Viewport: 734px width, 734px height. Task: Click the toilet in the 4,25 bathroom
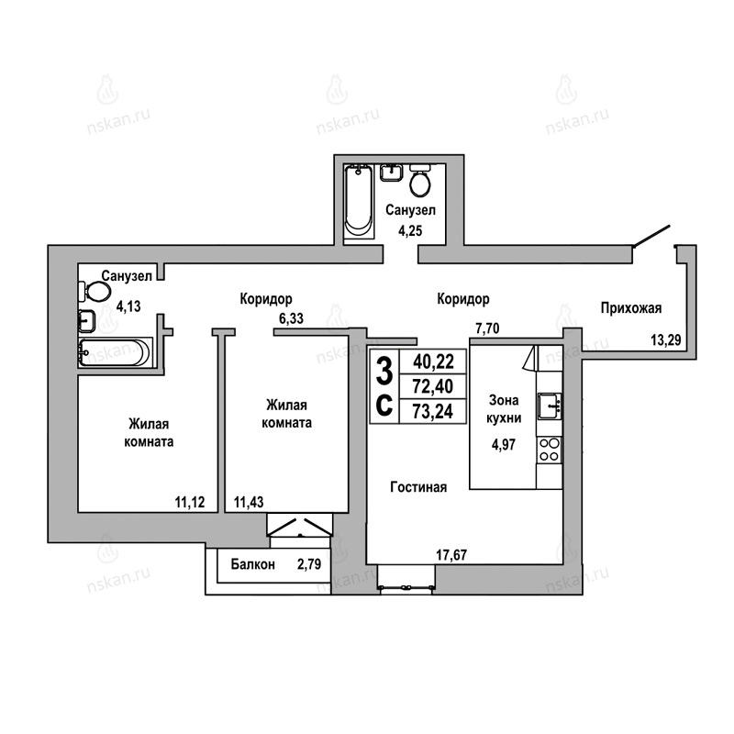tap(420, 180)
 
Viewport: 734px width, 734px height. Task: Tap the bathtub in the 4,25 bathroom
tap(359, 201)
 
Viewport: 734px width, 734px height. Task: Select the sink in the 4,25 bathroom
tap(391, 172)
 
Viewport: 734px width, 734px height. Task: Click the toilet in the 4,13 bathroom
tap(95, 292)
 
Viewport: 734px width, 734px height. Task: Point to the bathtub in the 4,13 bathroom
tap(116, 352)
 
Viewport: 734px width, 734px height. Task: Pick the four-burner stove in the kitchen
tap(549, 450)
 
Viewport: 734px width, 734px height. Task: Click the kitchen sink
tap(550, 406)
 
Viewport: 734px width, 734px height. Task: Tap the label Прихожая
tap(631, 308)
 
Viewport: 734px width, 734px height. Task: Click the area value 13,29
tap(666, 339)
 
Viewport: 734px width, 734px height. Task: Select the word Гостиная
tap(418, 487)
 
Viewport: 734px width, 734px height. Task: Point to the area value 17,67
tap(451, 555)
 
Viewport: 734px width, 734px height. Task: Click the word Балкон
tap(253, 564)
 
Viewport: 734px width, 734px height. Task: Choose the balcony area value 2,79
tap(309, 564)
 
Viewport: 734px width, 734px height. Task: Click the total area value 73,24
tap(433, 411)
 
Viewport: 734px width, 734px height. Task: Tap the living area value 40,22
tap(433, 361)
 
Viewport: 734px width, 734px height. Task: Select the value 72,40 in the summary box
tap(433, 386)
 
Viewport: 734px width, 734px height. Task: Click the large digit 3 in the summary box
tap(384, 371)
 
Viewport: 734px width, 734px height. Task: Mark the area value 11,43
tap(249, 502)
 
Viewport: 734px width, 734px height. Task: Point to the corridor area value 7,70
tap(487, 328)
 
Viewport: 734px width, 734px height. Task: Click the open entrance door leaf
tap(651, 236)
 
